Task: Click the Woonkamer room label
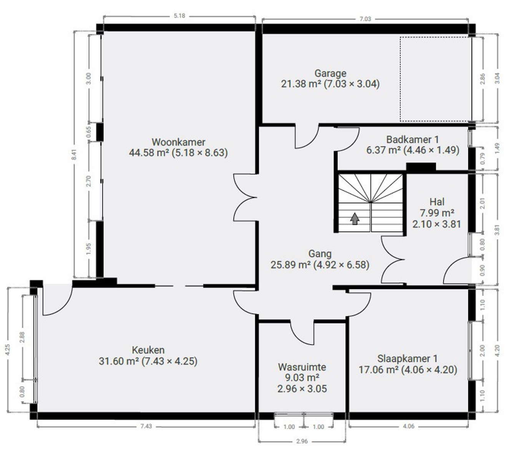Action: (178, 142)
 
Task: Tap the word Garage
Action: (330, 74)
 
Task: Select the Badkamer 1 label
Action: (413, 139)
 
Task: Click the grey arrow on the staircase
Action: (355, 219)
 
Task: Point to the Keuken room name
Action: (148, 350)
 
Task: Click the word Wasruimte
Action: (302, 367)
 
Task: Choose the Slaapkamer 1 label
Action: (408, 358)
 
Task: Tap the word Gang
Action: (320, 254)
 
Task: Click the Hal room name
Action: (437, 202)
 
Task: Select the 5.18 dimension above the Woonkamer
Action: (179, 16)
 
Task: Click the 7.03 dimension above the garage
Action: (365, 19)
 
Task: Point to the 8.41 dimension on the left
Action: (74, 154)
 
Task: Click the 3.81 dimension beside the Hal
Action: (497, 230)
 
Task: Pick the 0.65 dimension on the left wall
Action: (88, 132)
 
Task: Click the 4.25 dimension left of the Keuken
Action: (7, 350)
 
